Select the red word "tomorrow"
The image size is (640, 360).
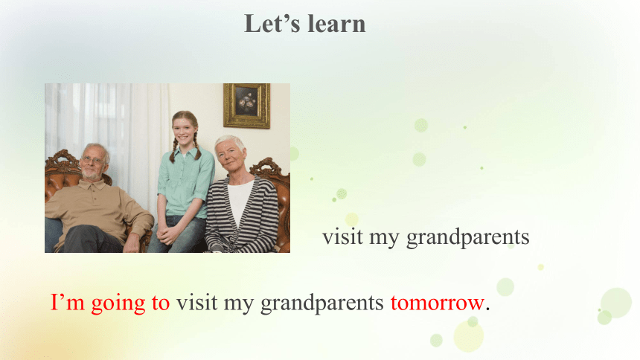(437, 303)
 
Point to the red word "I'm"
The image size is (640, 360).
(67, 302)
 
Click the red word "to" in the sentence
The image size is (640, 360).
(161, 303)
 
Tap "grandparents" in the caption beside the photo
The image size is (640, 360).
(468, 238)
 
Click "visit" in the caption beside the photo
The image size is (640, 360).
(342, 237)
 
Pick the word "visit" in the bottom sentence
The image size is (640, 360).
(196, 303)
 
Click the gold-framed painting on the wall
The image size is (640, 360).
(246, 106)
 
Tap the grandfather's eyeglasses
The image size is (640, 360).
(93, 160)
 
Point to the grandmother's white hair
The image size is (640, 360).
(231, 141)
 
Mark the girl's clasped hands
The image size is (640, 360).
(167, 234)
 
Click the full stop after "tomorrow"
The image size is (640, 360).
(487, 310)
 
